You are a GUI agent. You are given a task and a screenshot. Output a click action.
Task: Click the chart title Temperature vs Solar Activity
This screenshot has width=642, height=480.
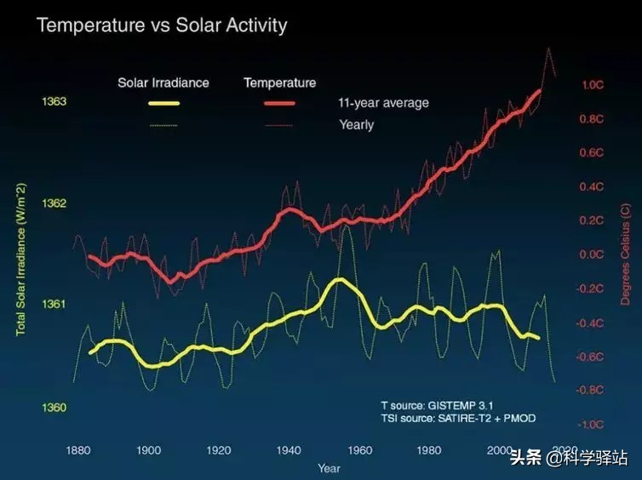tap(162, 25)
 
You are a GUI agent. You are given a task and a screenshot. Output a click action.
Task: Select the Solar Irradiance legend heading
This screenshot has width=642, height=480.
tap(163, 83)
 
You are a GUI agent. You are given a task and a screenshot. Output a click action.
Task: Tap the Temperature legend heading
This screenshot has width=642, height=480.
tap(279, 83)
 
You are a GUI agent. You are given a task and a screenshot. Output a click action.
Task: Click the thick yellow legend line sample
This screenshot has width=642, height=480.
tap(163, 104)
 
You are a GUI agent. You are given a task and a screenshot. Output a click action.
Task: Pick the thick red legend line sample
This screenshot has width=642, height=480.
tap(279, 104)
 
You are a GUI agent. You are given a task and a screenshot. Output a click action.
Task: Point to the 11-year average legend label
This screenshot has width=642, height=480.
tap(383, 103)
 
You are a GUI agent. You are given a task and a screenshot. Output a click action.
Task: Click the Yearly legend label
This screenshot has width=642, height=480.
tap(356, 124)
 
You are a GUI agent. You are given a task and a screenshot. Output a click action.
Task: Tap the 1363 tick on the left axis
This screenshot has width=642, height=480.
tap(54, 102)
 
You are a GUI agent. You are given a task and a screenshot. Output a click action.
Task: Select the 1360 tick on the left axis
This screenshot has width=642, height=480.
tap(54, 407)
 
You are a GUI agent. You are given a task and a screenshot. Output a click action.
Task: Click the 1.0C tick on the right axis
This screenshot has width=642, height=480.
tap(593, 85)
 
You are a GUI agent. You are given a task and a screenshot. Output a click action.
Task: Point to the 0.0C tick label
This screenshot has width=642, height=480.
tap(592, 254)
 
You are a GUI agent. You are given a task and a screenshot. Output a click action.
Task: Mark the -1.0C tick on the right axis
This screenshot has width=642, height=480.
tap(591, 424)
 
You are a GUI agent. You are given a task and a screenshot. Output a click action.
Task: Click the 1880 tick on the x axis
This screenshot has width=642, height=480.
tap(78, 450)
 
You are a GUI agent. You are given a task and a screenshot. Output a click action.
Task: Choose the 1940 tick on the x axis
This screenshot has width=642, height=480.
tap(289, 450)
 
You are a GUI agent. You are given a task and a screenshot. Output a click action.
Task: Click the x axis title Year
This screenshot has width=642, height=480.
tap(329, 468)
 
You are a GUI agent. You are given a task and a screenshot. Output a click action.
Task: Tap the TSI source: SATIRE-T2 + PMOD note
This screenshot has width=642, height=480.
tap(458, 419)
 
